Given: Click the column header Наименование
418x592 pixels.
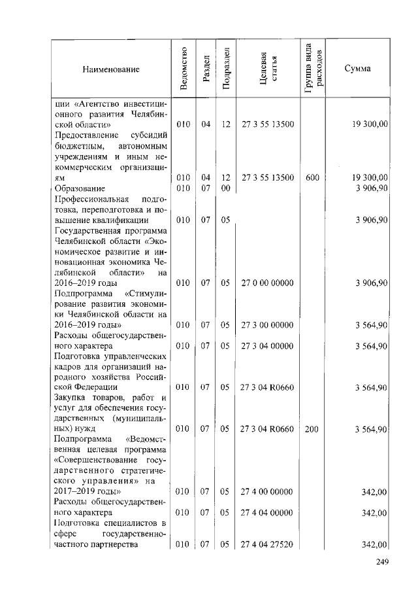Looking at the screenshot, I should pos(111,69).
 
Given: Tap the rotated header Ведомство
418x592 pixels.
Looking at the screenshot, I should pos(184,69).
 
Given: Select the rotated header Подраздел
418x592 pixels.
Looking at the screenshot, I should pos(226,69).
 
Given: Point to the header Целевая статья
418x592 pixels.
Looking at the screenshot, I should pos(268,69).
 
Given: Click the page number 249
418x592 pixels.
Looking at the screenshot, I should pos(382,562).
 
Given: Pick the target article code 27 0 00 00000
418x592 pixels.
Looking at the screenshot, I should pos(267,283).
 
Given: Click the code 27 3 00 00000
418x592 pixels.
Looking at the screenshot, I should pos(267,324).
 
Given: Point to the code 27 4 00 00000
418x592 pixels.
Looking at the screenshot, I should pos(267,491).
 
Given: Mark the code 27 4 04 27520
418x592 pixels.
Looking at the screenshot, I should pos(267,544).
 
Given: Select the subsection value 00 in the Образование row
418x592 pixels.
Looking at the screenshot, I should pos(226,188).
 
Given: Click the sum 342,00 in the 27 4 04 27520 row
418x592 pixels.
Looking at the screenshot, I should pos(376,545).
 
